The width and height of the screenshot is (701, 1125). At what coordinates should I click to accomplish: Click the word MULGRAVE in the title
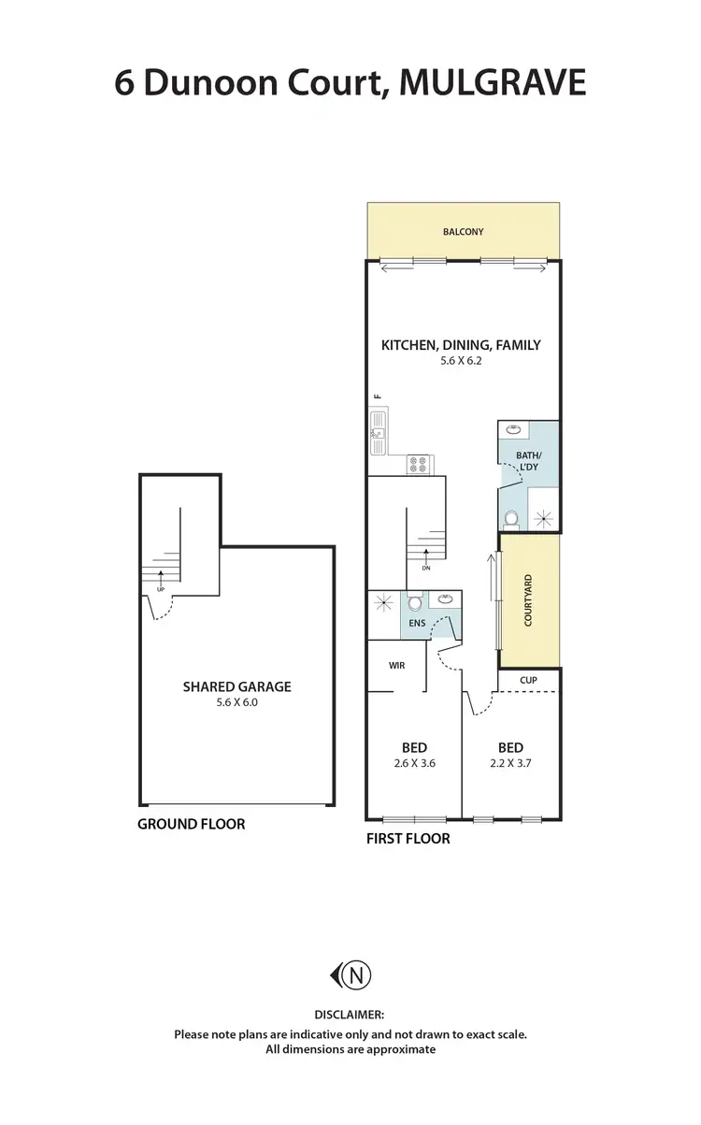click(493, 83)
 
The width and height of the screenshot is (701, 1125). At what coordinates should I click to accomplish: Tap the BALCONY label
click(464, 232)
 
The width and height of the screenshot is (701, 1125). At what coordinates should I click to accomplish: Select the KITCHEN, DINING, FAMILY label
click(461, 345)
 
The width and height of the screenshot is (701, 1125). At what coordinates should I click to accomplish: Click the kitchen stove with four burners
click(418, 463)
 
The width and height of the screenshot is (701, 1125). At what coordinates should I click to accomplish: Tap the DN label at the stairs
click(425, 568)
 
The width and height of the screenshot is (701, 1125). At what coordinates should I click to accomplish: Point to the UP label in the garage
click(161, 590)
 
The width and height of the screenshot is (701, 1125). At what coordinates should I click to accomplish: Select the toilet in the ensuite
click(415, 604)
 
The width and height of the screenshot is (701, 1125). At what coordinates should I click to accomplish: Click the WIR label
click(396, 666)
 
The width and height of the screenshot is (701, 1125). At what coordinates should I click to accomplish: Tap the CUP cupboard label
click(529, 680)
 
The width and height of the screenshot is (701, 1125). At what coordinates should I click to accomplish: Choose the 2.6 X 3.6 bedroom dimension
click(414, 762)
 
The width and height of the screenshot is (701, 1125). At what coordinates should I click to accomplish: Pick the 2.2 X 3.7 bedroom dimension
click(510, 762)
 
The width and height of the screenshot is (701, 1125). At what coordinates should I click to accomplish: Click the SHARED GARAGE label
click(236, 686)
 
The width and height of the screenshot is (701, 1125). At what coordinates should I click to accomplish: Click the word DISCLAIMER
click(350, 1014)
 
